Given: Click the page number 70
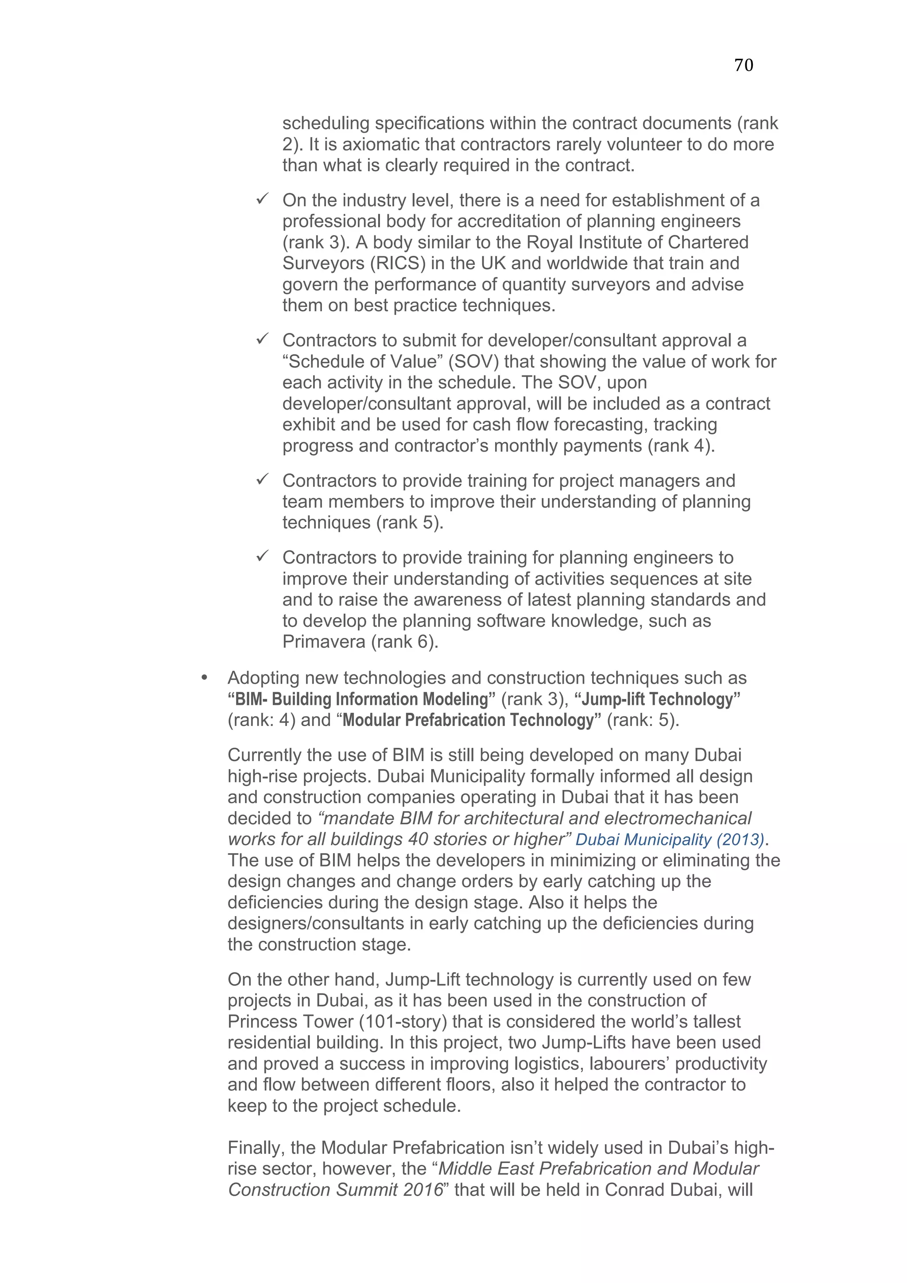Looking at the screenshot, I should click(x=743, y=66).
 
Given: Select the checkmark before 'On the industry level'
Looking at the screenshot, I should click(x=262, y=199).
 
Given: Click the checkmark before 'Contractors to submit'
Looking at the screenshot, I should click(x=262, y=339).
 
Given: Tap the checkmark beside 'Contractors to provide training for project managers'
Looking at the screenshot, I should click(x=262, y=479).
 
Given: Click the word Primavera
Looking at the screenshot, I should click(x=324, y=641).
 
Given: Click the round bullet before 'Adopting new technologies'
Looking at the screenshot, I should click(x=204, y=678).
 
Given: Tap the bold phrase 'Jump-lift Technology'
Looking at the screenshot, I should click(x=657, y=699).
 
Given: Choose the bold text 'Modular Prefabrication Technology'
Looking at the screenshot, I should click(x=468, y=720).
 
